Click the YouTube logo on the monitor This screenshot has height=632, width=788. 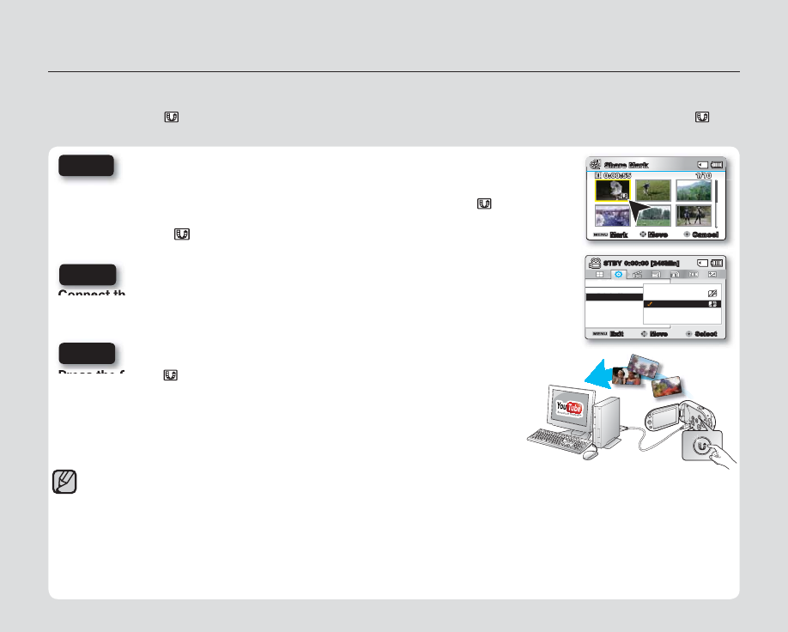tap(569, 407)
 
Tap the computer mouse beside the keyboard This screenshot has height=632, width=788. tap(589, 453)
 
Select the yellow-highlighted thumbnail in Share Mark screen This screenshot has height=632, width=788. tap(612, 191)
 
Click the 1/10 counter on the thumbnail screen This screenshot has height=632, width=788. tap(703, 175)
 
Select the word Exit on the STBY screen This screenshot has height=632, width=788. tap(616, 333)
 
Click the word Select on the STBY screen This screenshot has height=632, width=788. tap(705, 333)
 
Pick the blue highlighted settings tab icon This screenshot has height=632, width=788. tap(618, 274)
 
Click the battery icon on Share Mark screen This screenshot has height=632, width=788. tap(717, 165)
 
